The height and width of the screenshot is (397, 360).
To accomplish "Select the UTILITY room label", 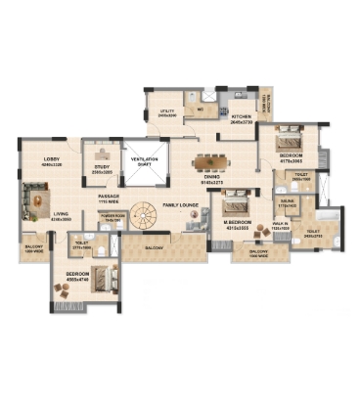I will tap(167, 111).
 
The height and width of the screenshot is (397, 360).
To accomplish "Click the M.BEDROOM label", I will tap(237, 223).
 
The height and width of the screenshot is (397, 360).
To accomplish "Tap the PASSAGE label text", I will tap(109, 197).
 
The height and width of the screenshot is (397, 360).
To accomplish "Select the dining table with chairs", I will tap(209, 162).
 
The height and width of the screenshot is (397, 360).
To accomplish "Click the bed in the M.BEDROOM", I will tap(235, 204).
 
